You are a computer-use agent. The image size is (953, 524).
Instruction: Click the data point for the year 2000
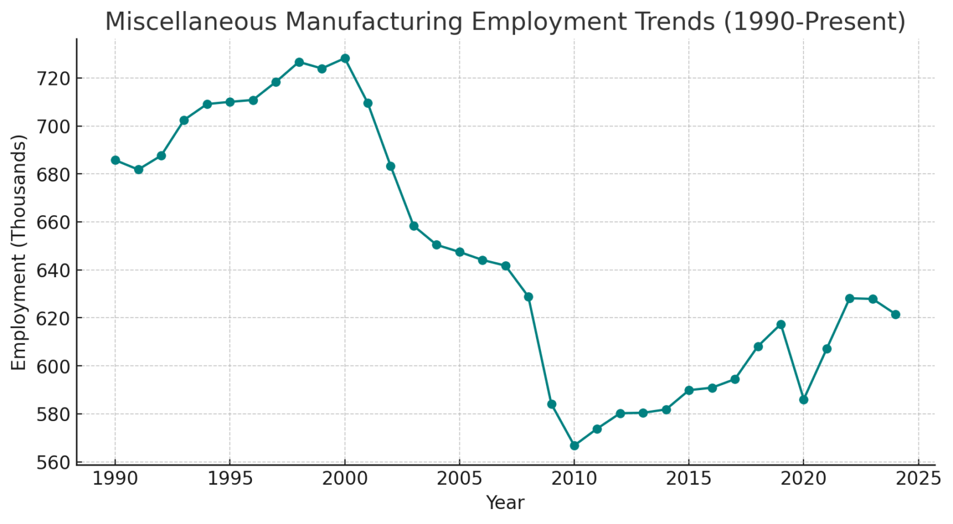[345, 58]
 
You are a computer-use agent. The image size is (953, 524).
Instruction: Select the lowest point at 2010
[574, 445]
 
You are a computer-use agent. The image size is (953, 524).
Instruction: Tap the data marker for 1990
[115, 160]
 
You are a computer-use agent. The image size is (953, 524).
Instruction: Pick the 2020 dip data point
[803, 400]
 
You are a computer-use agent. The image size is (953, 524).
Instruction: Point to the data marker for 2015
[689, 390]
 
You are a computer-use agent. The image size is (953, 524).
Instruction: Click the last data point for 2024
[895, 314]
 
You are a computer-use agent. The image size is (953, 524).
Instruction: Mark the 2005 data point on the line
[459, 252]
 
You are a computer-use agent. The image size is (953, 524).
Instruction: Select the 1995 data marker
[230, 102]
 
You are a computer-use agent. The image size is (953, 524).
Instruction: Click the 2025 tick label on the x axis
[918, 479]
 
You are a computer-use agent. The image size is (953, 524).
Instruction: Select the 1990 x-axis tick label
[115, 479]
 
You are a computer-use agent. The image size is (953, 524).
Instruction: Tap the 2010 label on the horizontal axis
[574, 479]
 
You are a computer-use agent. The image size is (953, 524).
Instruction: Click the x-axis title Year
[505, 503]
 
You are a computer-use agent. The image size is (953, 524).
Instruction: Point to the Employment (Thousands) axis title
[19, 252]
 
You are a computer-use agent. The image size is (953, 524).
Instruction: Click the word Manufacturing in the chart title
[374, 22]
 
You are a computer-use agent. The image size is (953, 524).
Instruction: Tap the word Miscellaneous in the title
[190, 22]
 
